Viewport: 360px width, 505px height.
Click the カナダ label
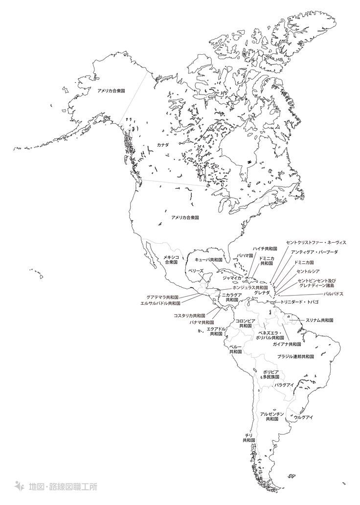[x=162, y=145]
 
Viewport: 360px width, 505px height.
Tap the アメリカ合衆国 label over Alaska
[x=111, y=91]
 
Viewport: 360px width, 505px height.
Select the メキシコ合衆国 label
[x=172, y=260]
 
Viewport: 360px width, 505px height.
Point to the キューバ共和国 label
[x=208, y=259]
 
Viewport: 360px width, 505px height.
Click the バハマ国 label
[x=245, y=256]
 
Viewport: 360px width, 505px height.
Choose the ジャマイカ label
[x=232, y=277]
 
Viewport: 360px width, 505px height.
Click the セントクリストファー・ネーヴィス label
[x=316, y=242]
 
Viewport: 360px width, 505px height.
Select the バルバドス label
[x=333, y=294]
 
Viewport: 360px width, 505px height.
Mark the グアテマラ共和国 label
[x=163, y=297]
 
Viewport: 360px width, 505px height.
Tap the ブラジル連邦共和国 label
[x=295, y=356]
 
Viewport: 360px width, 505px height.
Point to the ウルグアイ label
[x=303, y=417]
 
